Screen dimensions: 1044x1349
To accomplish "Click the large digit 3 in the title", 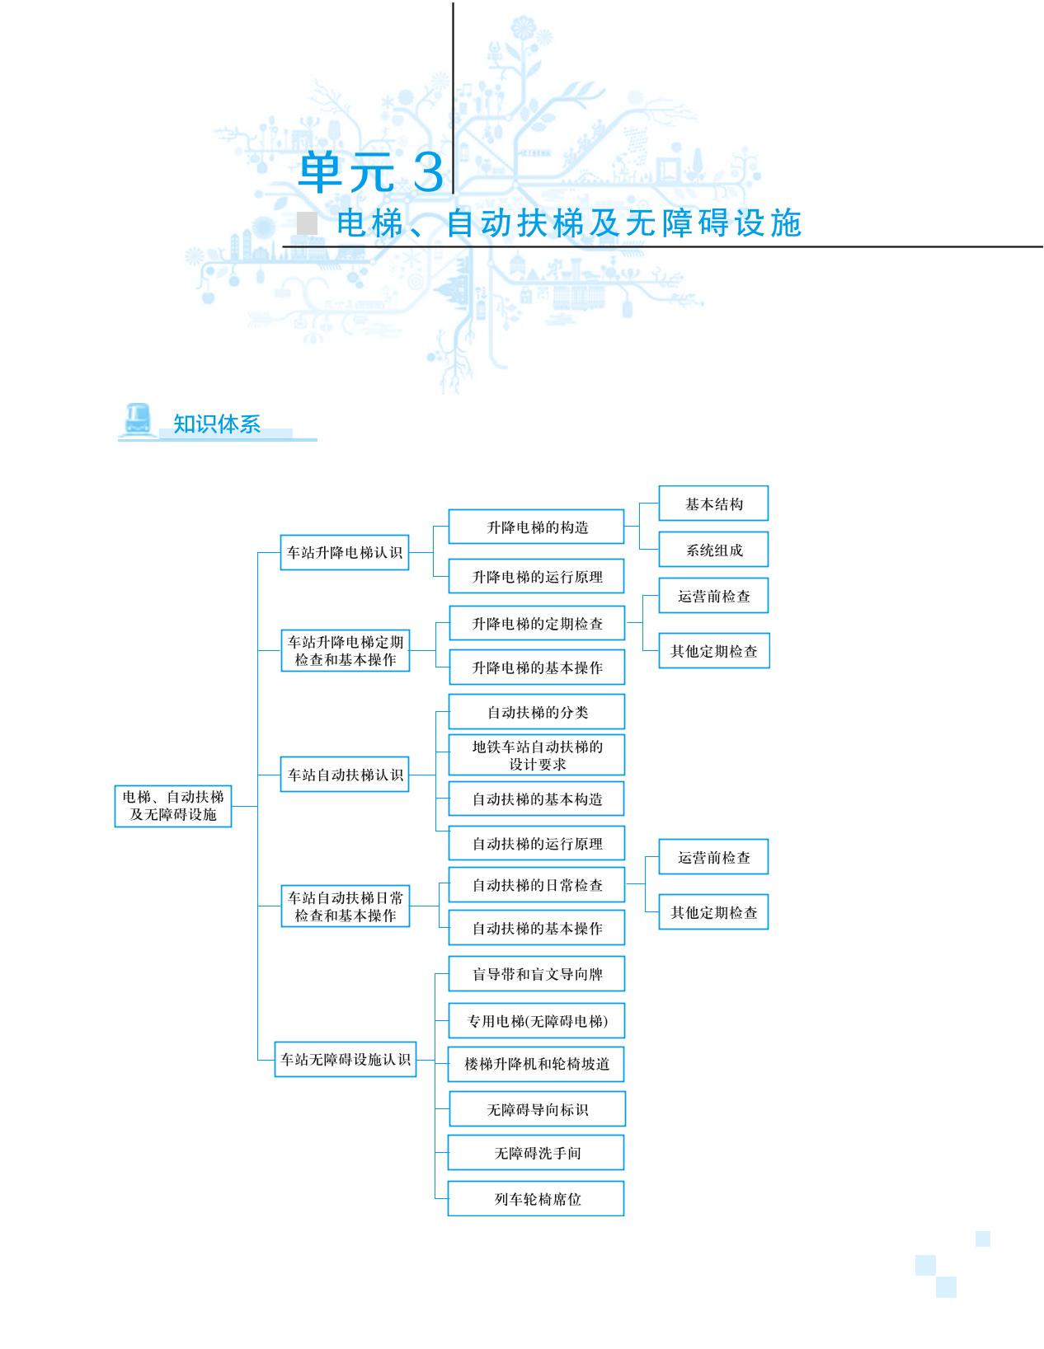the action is coord(428,171).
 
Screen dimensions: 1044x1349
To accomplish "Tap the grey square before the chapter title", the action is coord(307,222).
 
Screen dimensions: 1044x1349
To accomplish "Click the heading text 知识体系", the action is coord(217,424).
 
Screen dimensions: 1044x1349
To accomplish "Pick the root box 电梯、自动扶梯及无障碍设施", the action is coord(172,806).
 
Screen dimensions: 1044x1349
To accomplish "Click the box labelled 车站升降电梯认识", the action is coord(345,552).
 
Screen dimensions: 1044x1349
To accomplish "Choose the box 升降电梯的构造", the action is coord(536,527).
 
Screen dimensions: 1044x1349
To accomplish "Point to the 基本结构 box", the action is coord(713,504).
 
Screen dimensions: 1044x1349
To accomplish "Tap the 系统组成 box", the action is coord(713,550).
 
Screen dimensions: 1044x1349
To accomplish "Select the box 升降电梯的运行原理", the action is coord(536,576).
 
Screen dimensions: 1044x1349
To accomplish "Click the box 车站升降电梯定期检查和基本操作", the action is coord(346,650).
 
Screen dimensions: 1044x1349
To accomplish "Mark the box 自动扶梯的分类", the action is coord(537,711).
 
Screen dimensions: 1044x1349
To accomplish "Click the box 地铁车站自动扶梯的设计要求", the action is coord(537,755).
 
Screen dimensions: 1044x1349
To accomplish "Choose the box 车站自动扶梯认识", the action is coord(345,774).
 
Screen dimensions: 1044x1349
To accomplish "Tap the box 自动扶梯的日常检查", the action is coord(537,885).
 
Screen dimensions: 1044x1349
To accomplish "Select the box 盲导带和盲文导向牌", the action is coord(537,974).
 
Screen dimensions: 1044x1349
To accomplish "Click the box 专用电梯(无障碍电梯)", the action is coord(537,1020).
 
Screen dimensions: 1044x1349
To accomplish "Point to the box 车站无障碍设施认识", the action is coord(346,1059).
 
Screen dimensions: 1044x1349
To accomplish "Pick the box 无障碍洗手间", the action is coord(536,1153).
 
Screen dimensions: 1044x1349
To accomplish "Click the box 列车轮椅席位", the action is coord(536,1199).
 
